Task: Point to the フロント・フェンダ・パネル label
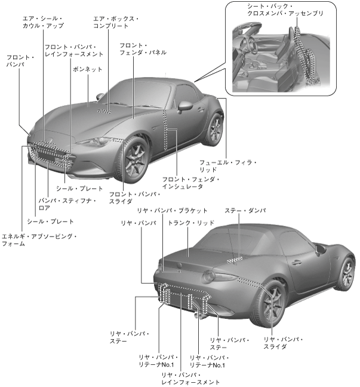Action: pyautogui.click(x=142, y=49)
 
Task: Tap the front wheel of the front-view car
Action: pyautogui.click(x=134, y=160)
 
